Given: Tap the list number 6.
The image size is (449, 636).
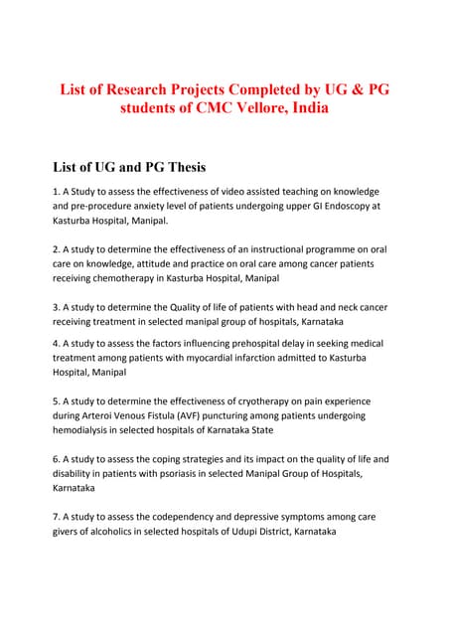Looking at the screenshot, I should click(x=56, y=459).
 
